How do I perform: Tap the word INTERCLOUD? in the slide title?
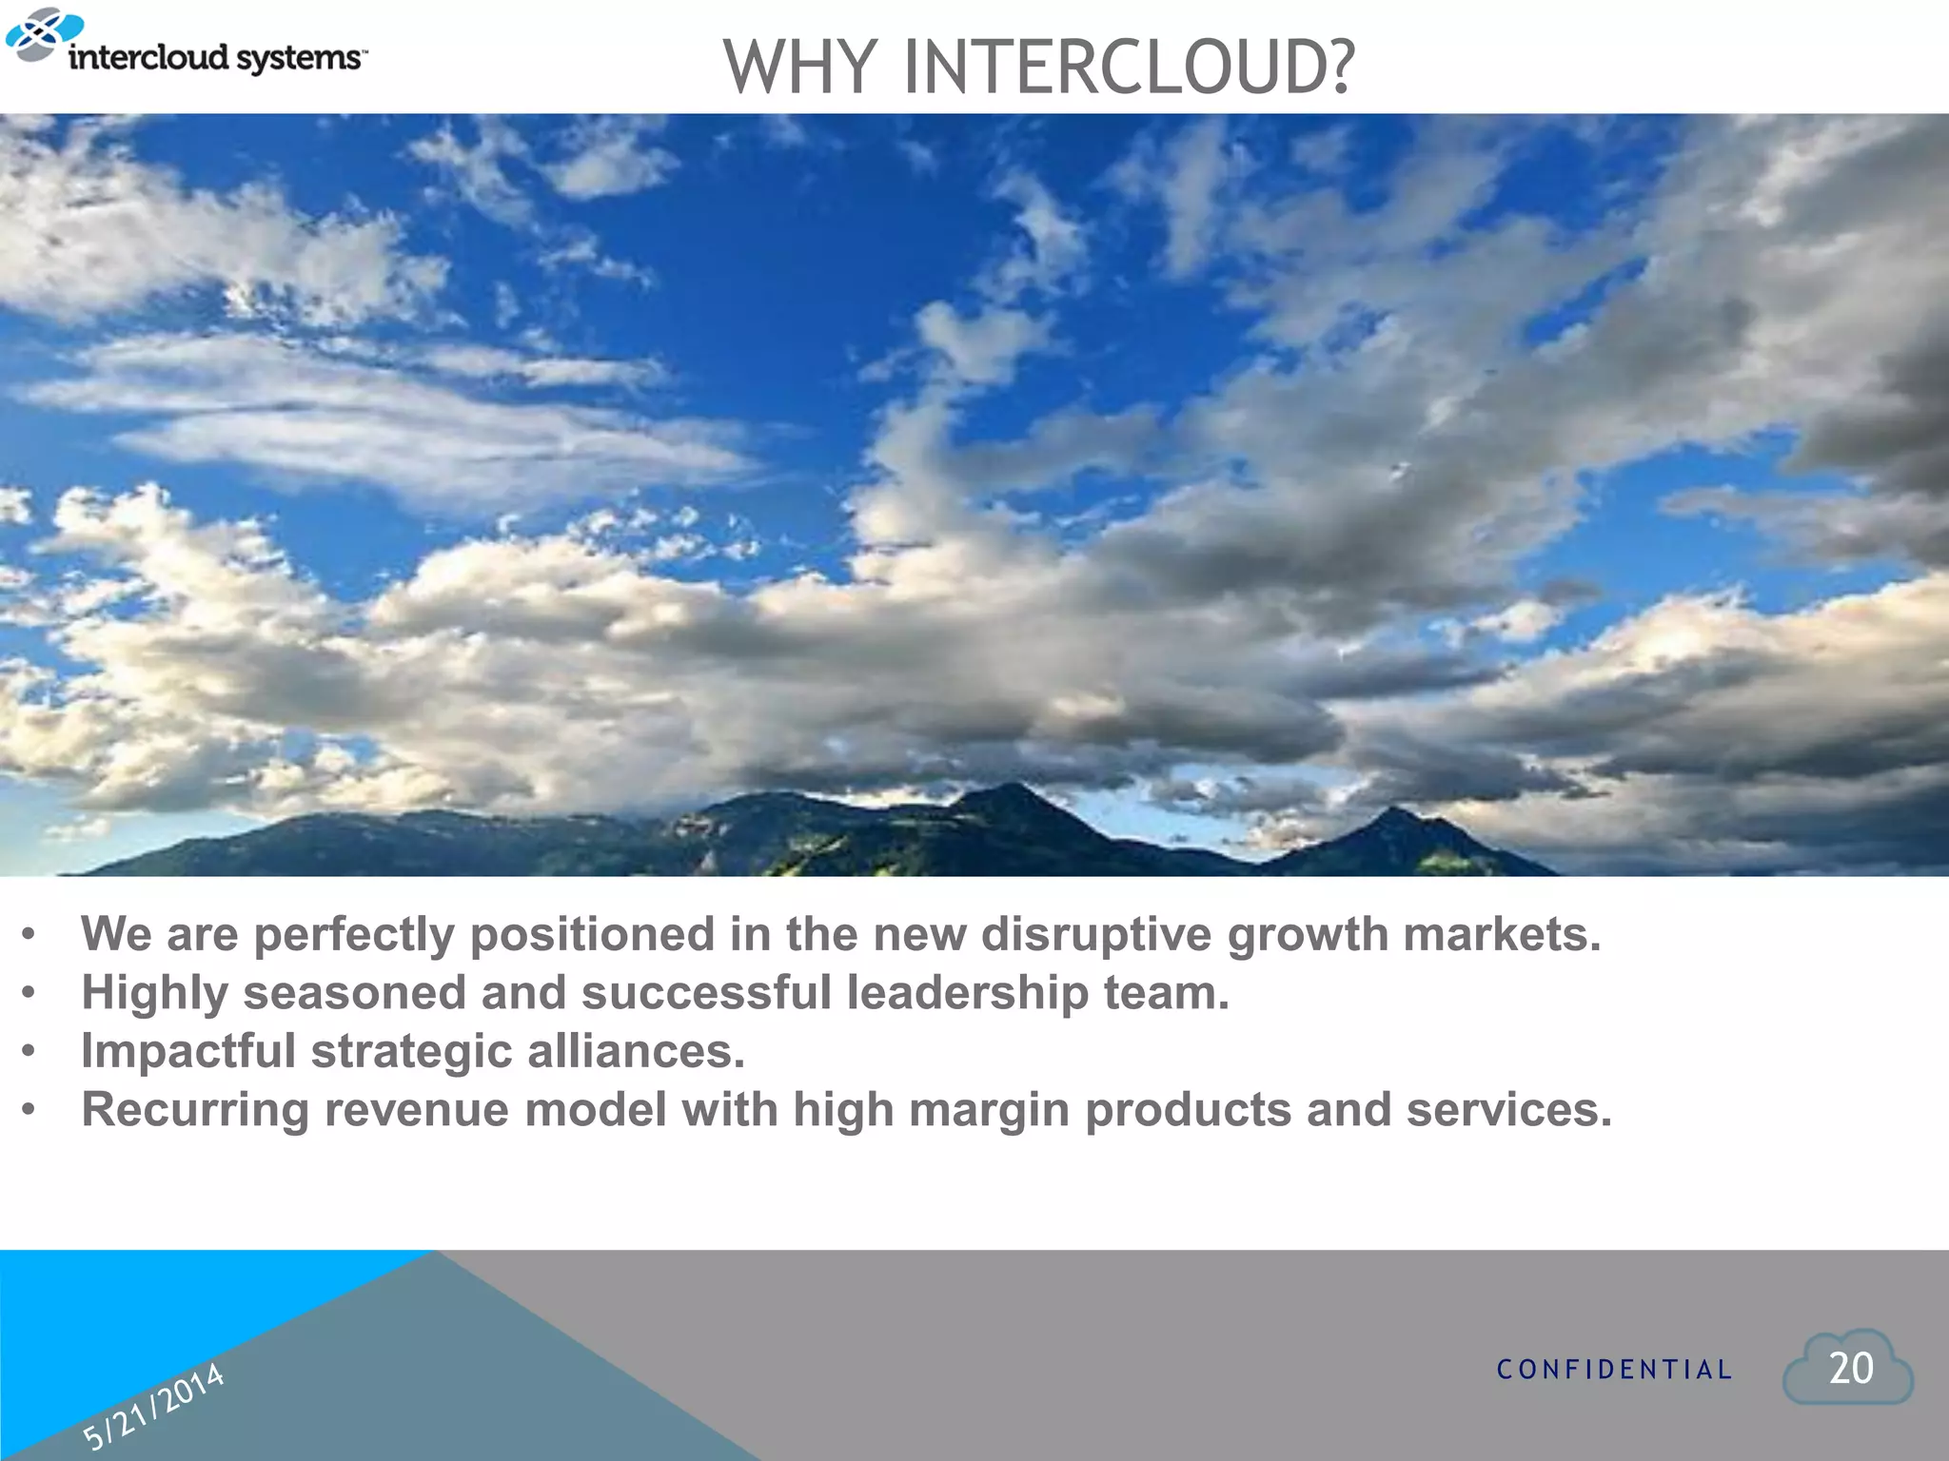pos(1128,68)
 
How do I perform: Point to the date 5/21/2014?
pos(153,1406)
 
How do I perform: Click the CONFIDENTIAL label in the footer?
pos(1614,1370)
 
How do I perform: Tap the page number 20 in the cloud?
pos(1850,1369)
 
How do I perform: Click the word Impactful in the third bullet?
pos(188,1052)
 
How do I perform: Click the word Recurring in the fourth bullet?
pos(195,1110)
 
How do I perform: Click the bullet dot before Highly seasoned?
pos(30,994)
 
